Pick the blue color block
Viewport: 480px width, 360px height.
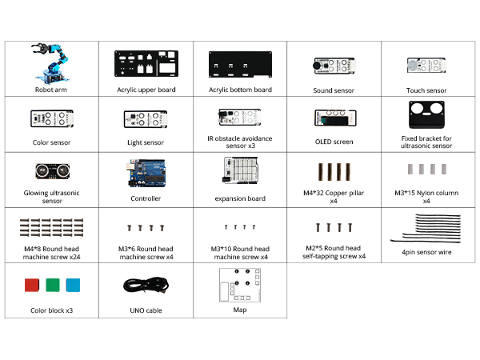click(73, 286)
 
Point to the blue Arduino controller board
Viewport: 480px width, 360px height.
click(145, 172)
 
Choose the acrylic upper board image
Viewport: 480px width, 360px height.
click(146, 64)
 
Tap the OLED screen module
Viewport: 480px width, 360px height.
click(334, 118)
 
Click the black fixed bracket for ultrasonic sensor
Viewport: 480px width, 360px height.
click(426, 117)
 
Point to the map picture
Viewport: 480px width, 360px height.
click(240, 285)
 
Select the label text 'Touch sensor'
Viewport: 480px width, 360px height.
click(426, 90)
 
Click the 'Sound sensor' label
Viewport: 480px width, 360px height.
click(334, 90)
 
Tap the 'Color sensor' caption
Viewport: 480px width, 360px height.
click(50, 142)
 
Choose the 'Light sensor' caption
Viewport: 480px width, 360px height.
click(146, 142)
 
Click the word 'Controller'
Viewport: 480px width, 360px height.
click(146, 198)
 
